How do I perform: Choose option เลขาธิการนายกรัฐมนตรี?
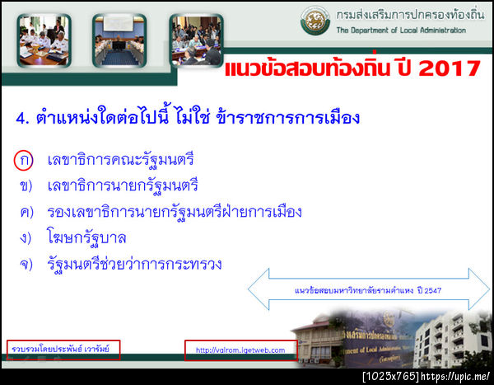[123, 185]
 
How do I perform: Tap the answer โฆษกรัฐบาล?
[86, 238]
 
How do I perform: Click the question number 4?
[21, 118]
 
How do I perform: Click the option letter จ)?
[26, 265]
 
